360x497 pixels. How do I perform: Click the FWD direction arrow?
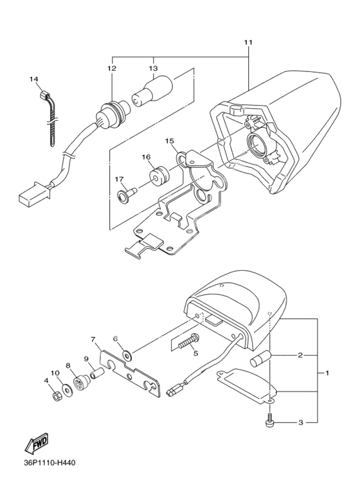pos(37,442)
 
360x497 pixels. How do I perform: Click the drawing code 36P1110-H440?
pos(50,463)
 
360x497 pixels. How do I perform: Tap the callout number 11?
pos(248,42)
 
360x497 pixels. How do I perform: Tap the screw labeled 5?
pos(189,341)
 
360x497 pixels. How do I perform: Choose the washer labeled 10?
pos(67,390)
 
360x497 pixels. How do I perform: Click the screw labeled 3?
pos(269,419)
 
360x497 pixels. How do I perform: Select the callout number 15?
pos(170,141)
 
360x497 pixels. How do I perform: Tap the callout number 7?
pos(93,339)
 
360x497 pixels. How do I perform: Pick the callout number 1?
pos(327,373)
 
